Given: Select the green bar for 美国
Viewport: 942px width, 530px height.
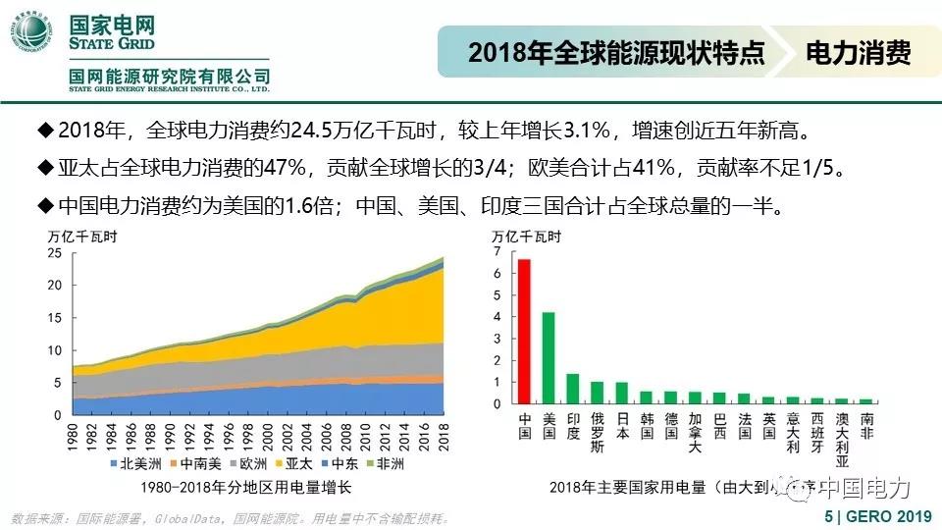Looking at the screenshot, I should [549, 358].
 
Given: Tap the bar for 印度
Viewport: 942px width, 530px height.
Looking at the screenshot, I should [573, 389].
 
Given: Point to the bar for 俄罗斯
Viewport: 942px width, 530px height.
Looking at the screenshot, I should [598, 393].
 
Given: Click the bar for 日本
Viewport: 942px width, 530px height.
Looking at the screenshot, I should [621, 394].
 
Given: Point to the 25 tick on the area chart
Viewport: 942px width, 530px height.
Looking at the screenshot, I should [56, 253].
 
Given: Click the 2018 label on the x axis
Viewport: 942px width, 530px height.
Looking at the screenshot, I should [443, 436].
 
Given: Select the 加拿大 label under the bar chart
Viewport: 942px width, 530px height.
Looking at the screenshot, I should [695, 433].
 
